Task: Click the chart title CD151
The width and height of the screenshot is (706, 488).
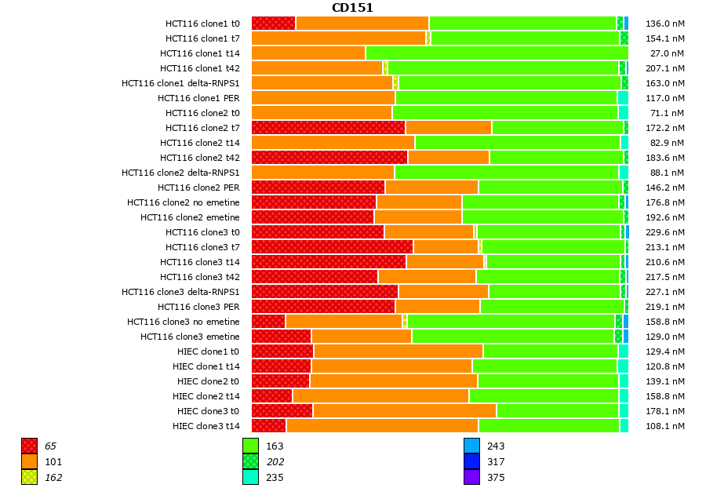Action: click(352, 8)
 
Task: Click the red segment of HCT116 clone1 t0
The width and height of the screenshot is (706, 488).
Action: click(273, 24)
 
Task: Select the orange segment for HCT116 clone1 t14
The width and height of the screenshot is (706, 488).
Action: click(308, 53)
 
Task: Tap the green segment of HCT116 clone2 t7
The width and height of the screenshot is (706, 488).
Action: click(557, 128)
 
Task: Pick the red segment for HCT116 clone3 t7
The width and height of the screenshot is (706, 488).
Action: click(332, 247)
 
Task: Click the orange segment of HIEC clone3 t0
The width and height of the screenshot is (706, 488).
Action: click(404, 411)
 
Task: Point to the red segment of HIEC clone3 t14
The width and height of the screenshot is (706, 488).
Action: click(268, 426)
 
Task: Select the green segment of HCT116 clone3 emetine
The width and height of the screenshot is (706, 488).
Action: click(512, 337)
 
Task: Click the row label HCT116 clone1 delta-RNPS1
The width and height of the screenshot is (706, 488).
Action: click(180, 83)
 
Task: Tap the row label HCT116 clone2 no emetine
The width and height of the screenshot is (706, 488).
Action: click(184, 202)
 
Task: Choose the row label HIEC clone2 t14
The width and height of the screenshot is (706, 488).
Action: click(206, 396)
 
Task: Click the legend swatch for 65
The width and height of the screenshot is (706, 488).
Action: click(30, 446)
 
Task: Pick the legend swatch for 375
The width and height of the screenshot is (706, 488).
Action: click(471, 477)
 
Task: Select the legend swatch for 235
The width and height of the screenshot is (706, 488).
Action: click(250, 477)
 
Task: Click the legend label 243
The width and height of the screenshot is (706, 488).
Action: click(496, 446)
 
